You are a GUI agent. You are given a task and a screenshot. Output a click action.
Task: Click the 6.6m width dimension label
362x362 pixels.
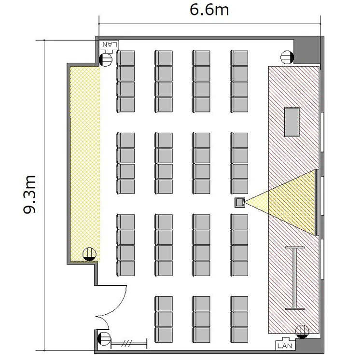click(x=209, y=10)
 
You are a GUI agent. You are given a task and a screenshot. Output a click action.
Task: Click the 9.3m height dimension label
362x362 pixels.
click(x=29, y=195)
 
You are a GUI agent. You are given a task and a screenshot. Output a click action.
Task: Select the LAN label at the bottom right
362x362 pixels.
click(x=285, y=346)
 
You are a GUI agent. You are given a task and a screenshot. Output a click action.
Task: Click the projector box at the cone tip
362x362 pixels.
click(x=239, y=202)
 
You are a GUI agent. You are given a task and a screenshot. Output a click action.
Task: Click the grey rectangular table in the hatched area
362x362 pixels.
click(x=292, y=122)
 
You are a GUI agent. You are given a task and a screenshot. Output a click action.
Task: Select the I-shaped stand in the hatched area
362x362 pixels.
click(x=294, y=278)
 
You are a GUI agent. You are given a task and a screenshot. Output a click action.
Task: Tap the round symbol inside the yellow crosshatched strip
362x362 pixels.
click(x=89, y=254)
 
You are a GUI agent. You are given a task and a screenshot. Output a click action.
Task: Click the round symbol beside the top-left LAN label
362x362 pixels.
click(x=106, y=60)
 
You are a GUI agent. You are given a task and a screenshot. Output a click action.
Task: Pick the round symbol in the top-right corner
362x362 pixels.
click(x=287, y=57)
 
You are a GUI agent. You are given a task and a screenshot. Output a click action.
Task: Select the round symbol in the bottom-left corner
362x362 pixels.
click(x=104, y=339)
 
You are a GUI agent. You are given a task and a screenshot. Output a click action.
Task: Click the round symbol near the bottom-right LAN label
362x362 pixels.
click(x=302, y=332)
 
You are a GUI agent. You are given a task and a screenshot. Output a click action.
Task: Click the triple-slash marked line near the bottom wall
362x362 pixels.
click(x=129, y=344)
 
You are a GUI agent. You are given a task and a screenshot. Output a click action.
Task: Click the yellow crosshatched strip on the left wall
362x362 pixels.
click(x=85, y=164)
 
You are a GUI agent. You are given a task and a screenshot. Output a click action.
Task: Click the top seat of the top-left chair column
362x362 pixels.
click(x=125, y=58)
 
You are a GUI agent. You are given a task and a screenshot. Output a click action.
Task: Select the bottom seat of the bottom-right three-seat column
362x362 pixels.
click(x=239, y=335)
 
